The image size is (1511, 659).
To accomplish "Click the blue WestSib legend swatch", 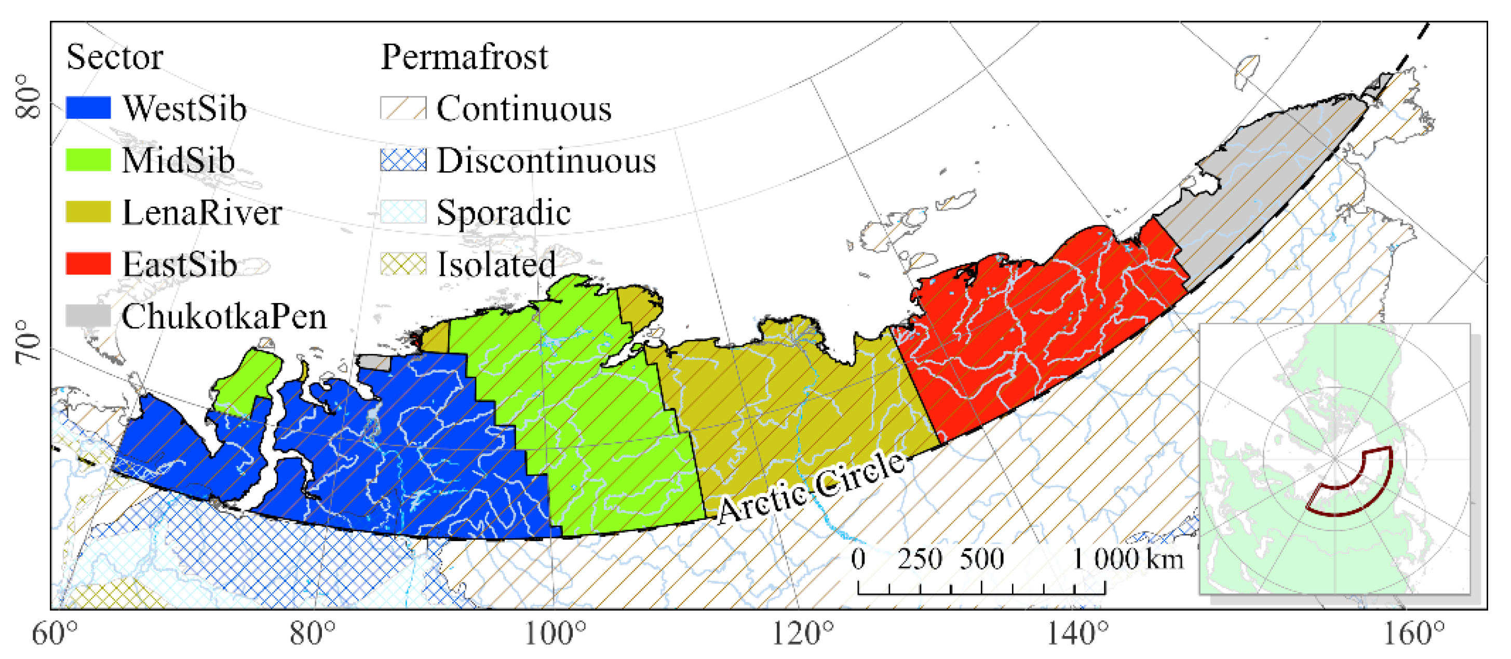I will [x=88, y=108].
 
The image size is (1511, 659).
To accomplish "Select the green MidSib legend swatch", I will [x=88, y=160].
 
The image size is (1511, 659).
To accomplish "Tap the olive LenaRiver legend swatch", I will [x=88, y=212].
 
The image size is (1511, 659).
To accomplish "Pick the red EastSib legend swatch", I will [x=88, y=264].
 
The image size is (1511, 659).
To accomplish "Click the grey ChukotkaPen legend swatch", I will [x=88, y=316].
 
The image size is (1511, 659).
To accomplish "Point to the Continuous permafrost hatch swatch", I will [x=403, y=108].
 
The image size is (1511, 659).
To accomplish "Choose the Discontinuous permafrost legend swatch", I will [x=403, y=160].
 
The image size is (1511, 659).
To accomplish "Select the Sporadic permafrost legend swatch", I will [x=403, y=212].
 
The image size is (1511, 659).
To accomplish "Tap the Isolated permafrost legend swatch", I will [x=403, y=264].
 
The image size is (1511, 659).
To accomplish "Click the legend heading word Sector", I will [x=115, y=57].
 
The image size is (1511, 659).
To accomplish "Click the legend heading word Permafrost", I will [x=464, y=57].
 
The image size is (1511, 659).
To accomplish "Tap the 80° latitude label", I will [x=28, y=97].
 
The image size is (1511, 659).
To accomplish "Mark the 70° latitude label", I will [x=28, y=343].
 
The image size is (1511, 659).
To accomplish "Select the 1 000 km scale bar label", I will [x=1127, y=559].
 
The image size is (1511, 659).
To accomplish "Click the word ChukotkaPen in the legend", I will [x=224, y=317].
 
